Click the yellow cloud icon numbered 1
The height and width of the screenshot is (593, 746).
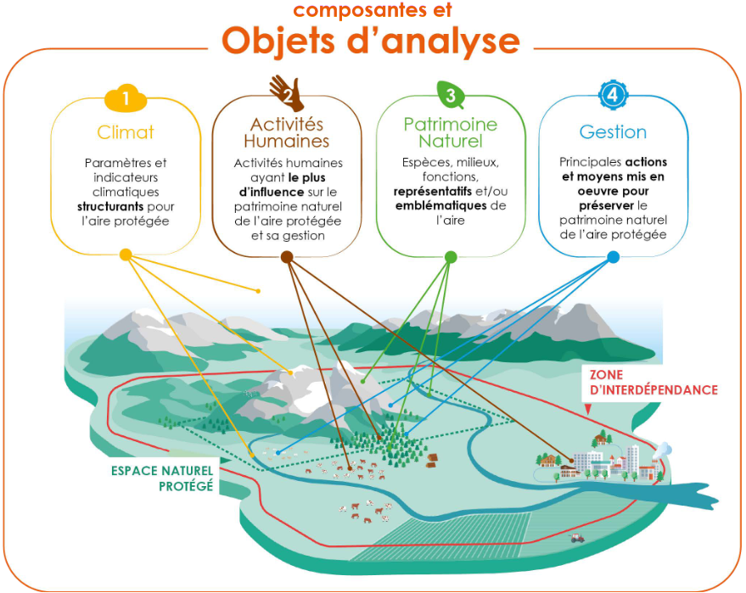coord(125,98)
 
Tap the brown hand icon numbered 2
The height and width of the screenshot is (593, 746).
coord(286,94)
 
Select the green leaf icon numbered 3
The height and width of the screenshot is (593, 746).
coord(451,94)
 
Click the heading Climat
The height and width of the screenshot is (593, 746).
coord(126,132)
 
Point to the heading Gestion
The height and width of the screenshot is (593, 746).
coord(613,132)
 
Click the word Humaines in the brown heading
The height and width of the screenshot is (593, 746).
coord(286,141)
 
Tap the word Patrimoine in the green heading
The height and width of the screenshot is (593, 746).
coord(451,125)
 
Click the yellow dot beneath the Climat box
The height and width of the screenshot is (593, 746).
coord(126,255)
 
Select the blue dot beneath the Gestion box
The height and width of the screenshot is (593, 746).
coord(613,255)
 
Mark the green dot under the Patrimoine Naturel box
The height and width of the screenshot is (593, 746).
coord(451,256)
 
